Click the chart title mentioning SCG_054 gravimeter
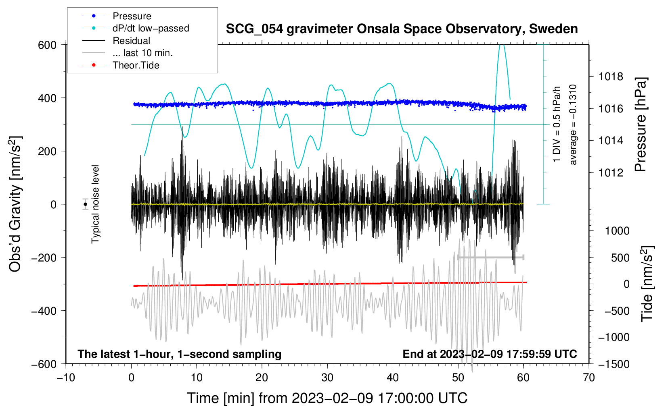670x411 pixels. coord(402,29)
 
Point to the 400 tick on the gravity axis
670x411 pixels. coord(47,98)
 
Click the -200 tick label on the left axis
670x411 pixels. coord(44,258)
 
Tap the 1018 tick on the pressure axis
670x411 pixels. coord(611,77)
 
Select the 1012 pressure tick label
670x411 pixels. coord(611,172)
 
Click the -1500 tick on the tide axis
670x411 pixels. coord(614,364)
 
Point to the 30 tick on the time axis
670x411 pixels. coord(327,378)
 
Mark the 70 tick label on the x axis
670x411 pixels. coord(588,378)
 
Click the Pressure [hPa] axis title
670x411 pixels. coord(641,125)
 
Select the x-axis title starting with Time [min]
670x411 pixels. coord(327,398)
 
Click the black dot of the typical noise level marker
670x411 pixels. coord(86,204)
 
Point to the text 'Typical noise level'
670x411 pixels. coord(95,204)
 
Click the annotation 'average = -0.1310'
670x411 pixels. coord(573,125)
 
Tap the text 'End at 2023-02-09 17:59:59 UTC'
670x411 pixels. coord(490,354)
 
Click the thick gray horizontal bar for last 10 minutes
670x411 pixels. coord(491,257)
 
